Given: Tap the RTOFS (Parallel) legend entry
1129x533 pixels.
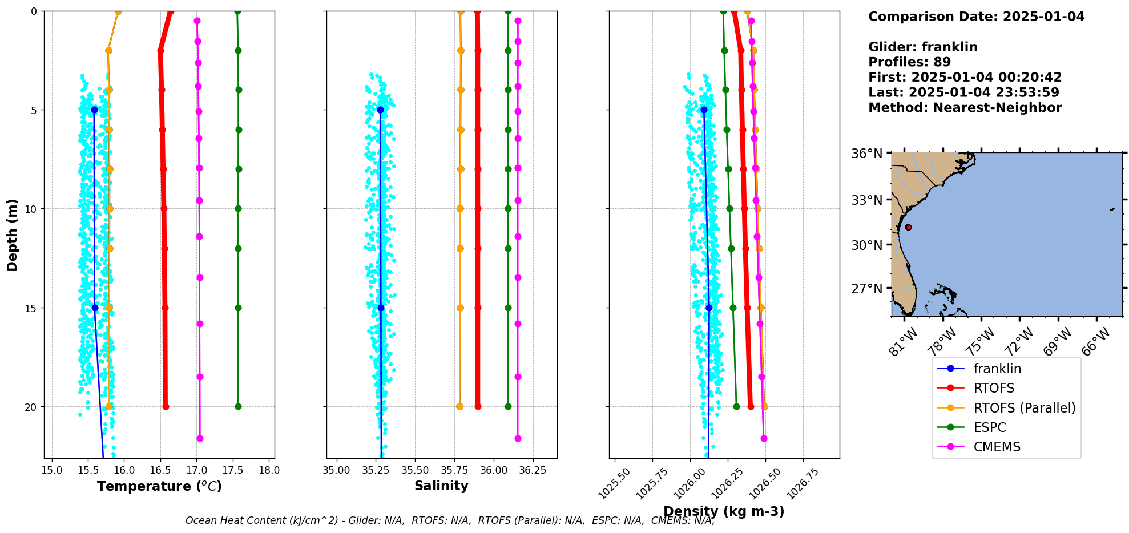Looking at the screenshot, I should point(1024,408).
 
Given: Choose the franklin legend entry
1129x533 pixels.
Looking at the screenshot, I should point(997,369).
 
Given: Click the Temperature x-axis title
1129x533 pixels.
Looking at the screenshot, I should point(159,486).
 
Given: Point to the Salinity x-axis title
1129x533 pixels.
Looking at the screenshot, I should point(441,486).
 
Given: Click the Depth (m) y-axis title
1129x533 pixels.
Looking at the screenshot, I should point(13,235).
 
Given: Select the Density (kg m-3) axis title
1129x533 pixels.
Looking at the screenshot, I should point(724,511).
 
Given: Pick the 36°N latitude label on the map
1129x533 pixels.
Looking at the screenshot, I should point(866,154).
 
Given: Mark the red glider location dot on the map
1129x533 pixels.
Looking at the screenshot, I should point(908,227).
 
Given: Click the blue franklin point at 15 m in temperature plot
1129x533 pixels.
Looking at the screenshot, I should point(95,308).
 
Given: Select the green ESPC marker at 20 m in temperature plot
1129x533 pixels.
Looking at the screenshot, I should point(238,406).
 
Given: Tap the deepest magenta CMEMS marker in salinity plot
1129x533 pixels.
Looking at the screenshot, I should point(518,438).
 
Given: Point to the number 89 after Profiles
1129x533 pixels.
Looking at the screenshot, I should point(942,62).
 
